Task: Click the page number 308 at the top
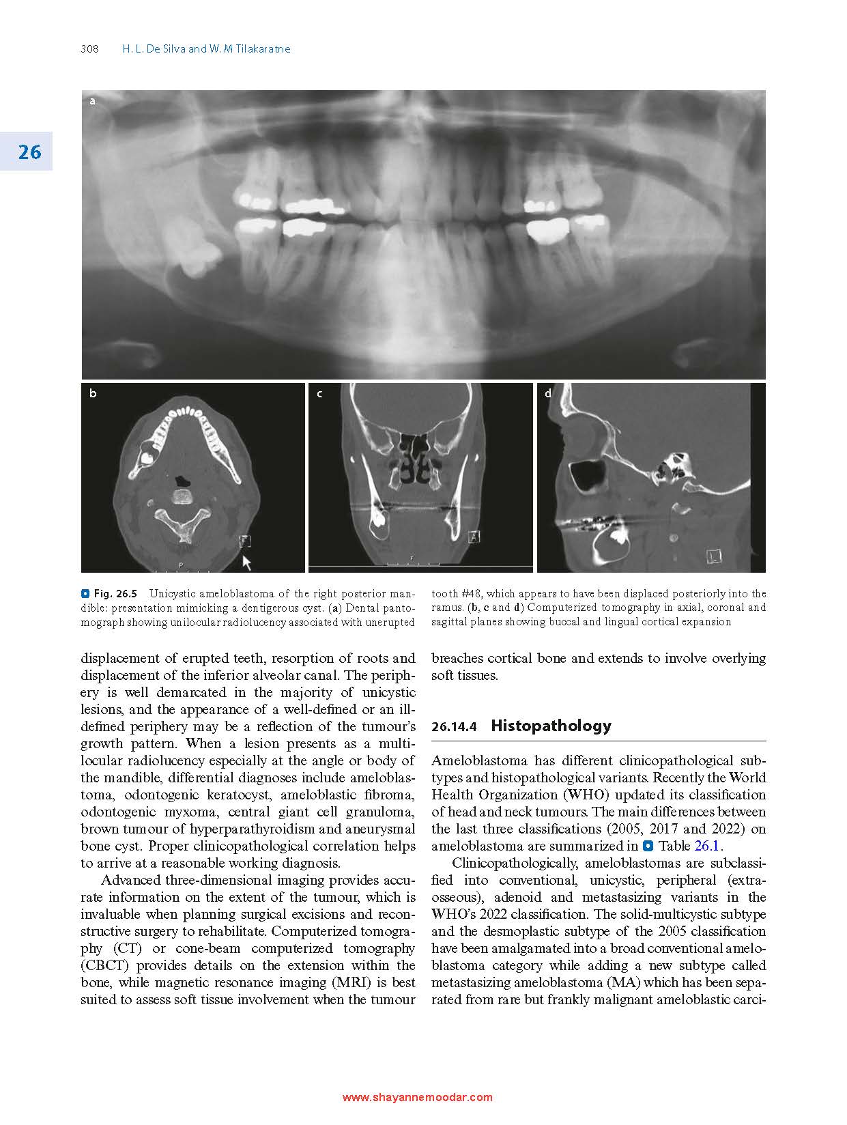[89, 49]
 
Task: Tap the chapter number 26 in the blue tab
[29, 152]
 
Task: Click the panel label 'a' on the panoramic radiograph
[93, 102]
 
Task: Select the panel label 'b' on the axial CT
[93, 393]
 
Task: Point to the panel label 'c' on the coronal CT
[319, 393]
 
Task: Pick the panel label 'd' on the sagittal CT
[547, 393]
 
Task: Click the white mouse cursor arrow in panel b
[246, 562]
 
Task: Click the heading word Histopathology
[551, 726]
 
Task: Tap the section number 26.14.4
[454, 727]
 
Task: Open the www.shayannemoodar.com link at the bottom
[417, 1098]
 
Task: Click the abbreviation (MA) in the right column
[625, 983]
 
